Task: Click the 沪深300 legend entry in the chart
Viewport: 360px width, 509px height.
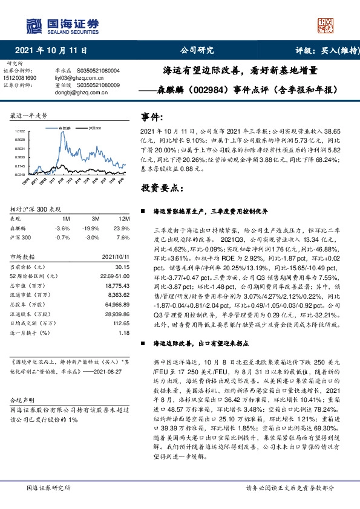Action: click(x=93, y=128)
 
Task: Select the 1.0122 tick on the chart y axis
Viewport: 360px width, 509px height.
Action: click(x=19, y=131)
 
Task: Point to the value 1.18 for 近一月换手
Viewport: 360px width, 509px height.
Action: click(x=124, y=332)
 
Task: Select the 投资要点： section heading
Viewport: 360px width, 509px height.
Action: click(x=161, y=189)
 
